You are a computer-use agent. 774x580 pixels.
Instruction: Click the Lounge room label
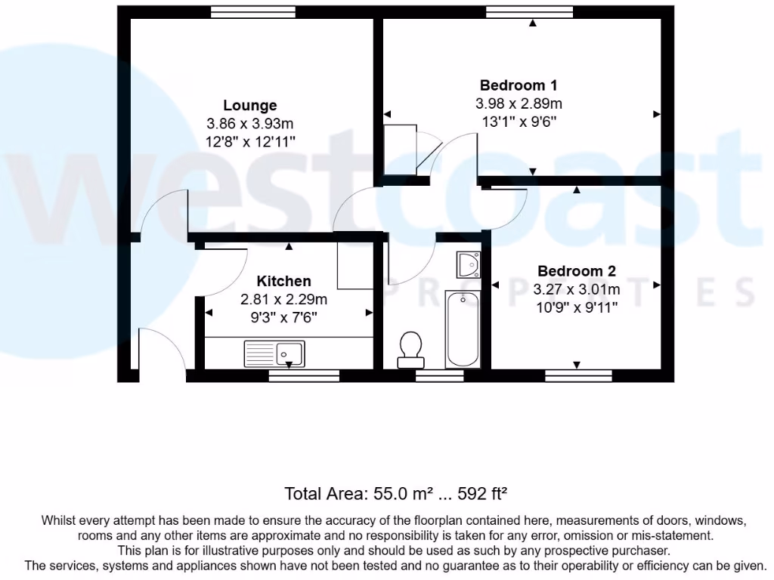click(x=249, y=106)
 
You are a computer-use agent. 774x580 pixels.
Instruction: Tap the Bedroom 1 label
click(x=519, y=85)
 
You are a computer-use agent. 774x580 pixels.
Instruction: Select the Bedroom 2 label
click(x=576, y=271)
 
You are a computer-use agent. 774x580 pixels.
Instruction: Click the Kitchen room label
click(x=283, y=281)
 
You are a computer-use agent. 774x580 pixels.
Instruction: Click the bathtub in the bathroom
click(x=463, y=329)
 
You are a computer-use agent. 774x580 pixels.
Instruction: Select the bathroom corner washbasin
click(x=468, y=264)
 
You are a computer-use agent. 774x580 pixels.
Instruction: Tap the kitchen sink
click(x=274, y=352)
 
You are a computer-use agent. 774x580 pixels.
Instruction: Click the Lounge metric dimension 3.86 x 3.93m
click(x=249, y=124)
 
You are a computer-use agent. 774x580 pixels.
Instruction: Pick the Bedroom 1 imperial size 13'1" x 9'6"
click(x=519, y=121)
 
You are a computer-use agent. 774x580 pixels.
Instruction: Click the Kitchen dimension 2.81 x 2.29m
click(x=283, y=299)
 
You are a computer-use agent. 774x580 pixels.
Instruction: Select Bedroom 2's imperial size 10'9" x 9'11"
click(x=576, y=307)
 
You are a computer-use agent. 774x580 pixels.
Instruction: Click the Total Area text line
click(x=395, y=494)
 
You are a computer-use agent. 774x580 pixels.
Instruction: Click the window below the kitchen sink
click(x=304, y=375)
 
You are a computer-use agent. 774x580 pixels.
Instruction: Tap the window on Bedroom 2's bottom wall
click(x=578, y=375)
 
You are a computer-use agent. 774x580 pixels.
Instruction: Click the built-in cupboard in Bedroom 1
click(x=400, y=150)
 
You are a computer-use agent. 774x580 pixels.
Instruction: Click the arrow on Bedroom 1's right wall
click(x=657, y=114)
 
